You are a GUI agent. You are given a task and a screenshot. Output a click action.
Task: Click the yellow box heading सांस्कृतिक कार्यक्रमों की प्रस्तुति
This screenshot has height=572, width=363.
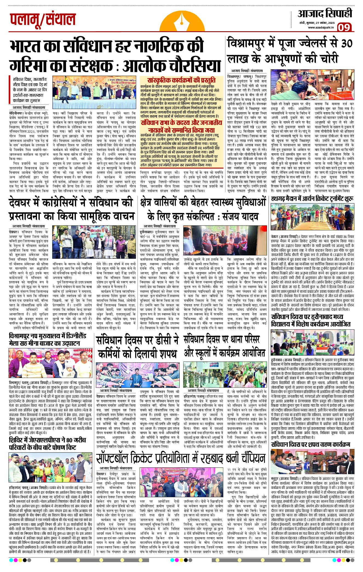pyautogui.click(x=181, y=80)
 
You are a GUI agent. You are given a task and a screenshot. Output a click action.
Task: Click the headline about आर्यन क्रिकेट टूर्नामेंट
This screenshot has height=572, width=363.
pyautogui.click(x=312, y=198)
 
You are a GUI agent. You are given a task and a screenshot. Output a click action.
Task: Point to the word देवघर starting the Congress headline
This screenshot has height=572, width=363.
pyautogui.click(x=27, y=203)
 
